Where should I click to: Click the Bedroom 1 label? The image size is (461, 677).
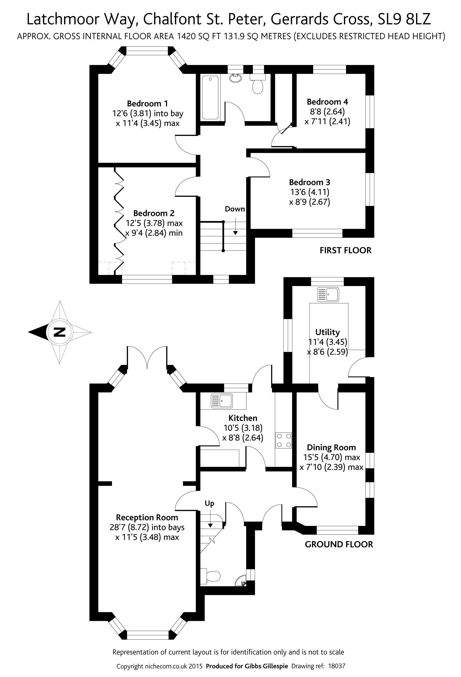coord(147,103)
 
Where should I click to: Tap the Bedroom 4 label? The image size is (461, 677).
coord(327,102)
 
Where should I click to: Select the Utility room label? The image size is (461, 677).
coord(327,332)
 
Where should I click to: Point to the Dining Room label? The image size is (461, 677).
coord(331,447)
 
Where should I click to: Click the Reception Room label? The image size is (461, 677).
coord(147,517)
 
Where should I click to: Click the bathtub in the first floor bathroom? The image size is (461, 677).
coord(210,97)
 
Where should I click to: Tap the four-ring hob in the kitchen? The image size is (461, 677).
coord(284,440)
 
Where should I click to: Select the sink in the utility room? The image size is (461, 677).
coord(328,294)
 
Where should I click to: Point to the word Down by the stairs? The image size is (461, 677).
coord(235,209)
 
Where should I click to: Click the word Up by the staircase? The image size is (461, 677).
coord(209,503)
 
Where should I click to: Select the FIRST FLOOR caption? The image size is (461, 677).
coord(346,250)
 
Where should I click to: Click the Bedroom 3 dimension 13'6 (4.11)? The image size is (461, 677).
coord(309,192)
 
